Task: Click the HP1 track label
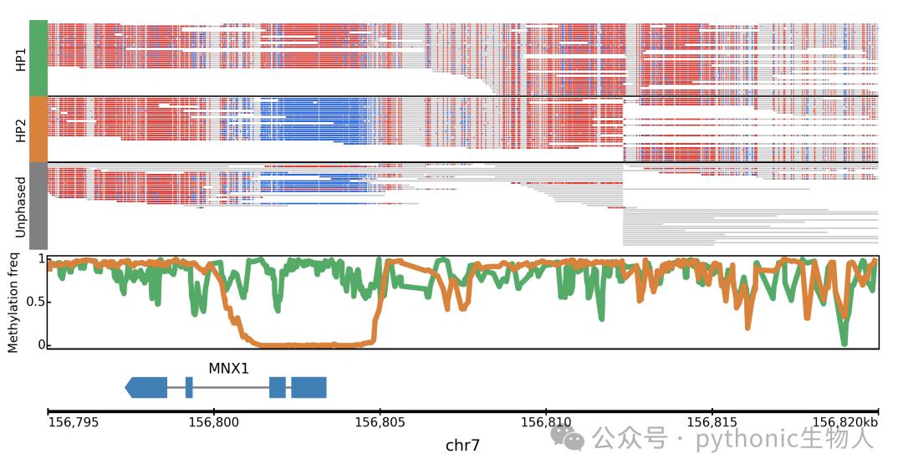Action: (x=21, y=60)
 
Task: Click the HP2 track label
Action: (x=21, y=130)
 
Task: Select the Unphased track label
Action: (x=21, y=206)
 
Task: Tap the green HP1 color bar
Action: (x=38, y=59)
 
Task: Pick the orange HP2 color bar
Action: (x=38, y=129)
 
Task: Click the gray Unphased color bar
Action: (x=38, y=206)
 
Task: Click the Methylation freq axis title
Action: (x=13, y=303)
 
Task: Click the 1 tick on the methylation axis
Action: (x=42, y=259)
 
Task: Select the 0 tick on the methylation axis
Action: (x=42, y=344)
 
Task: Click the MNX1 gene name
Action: (x=228, y=369)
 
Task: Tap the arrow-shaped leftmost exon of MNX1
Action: (x=146, y=388)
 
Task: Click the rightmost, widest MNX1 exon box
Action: (x=309, y=388)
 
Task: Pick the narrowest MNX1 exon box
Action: (x=189, y=388)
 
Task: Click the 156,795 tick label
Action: (x=73, y=423)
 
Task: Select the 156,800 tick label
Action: (x=214, y=423)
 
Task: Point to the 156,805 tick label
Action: (x=380, y=423)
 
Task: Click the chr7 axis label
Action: (x=462, y=446)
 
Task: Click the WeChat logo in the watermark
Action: (x=567, y=438)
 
